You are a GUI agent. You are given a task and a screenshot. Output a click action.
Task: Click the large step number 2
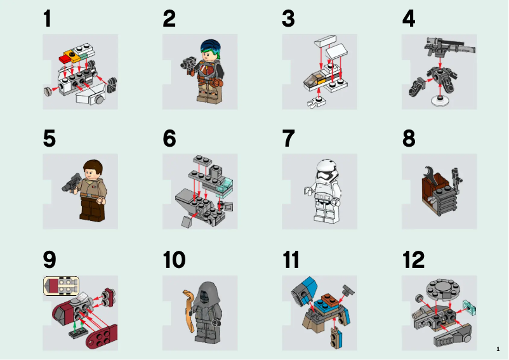pyautogui.click(x=169, y=19)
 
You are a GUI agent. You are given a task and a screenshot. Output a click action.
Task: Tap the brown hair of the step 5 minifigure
pyautogui.click(x=93, y=167)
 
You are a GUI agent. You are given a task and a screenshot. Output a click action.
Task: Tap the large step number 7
pyautogui.click(x=289, y=138)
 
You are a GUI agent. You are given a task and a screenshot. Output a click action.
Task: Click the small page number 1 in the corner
pyautogui.click(x=498, y=349)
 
